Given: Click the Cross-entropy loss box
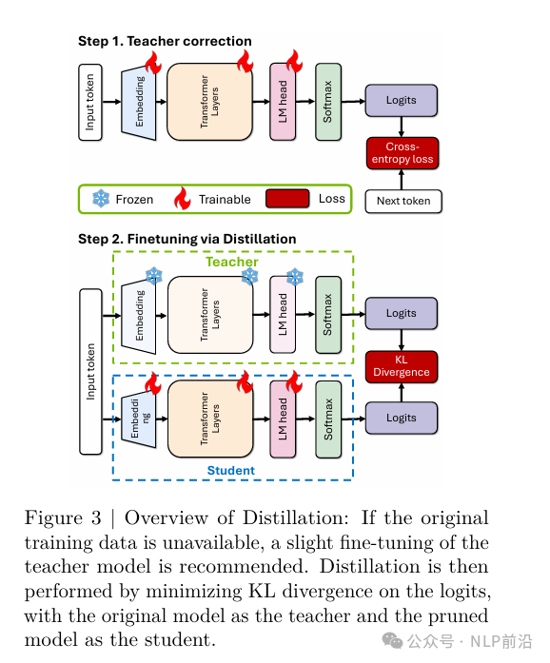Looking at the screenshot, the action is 403,153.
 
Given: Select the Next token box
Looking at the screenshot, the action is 403,202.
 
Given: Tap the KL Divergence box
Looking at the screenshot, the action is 401,366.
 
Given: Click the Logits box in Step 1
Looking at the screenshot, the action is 401,100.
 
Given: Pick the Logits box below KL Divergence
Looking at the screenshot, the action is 401,418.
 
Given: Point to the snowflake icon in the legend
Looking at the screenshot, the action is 101,198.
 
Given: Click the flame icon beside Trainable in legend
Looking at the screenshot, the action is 183,198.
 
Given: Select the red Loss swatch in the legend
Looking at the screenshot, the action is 287,198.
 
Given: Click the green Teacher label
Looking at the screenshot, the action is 232,262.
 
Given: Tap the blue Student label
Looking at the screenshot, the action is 231,471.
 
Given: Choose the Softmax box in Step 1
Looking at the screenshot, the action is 328,102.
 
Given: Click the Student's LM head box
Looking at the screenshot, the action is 283,419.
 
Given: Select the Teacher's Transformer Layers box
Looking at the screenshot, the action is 210,315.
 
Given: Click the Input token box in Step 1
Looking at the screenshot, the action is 90,103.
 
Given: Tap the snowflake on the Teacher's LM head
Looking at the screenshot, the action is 295,277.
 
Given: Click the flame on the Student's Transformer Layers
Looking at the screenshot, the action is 245,381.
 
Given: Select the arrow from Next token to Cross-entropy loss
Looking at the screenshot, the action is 402,179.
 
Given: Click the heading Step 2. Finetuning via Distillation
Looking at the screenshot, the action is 187,239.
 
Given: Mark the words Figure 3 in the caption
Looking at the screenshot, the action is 63,518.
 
